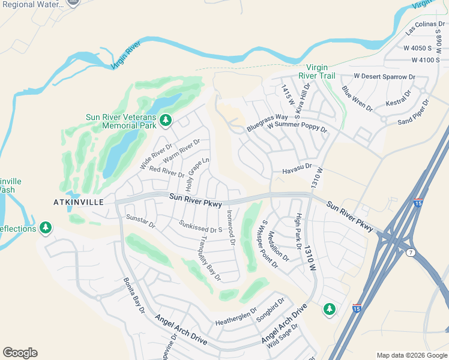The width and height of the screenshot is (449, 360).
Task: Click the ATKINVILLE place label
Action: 77,202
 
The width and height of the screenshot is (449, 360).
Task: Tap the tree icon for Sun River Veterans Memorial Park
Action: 166,121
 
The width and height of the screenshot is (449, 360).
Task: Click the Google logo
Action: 20,353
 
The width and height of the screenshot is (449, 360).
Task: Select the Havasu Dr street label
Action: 297,172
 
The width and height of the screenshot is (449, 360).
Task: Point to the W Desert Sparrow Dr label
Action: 384,77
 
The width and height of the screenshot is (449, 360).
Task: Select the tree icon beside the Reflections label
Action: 46,228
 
